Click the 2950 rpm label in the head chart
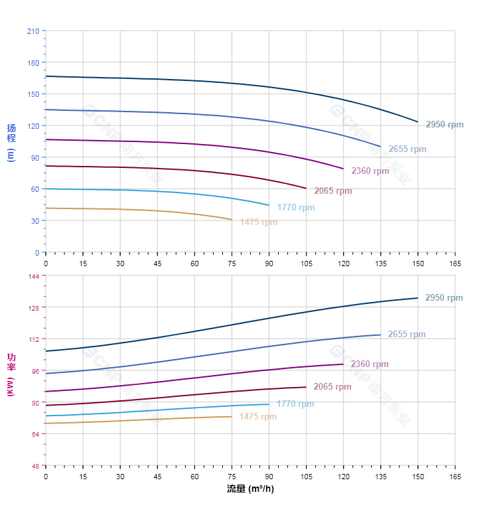[445, 124]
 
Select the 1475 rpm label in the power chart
[258, 417]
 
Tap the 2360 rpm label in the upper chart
[370, 171]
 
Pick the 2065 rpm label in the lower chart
[332, 386]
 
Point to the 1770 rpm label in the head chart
[296, 207]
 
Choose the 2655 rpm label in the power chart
[407, 335]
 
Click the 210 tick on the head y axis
[33, 31]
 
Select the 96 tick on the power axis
[34, 370]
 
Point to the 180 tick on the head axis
[33, 62]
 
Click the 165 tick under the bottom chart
[455, 477]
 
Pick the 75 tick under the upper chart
[232, 264]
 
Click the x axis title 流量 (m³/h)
[250, 489]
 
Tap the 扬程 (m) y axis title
[11, 142]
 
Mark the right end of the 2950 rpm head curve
[418, 122]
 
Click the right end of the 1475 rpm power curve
[232, 416]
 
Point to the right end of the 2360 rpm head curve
[344, 169]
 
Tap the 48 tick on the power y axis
[34, 465]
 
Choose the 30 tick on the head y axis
[35, 220]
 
